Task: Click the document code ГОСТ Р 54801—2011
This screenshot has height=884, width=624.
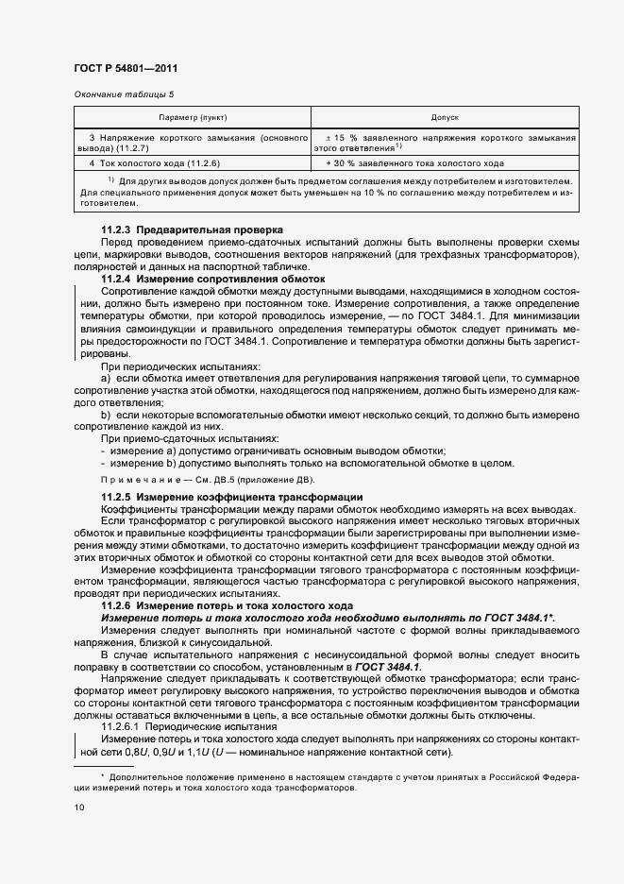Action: tap(125, 69)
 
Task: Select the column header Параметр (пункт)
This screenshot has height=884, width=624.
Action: tap(193, 118)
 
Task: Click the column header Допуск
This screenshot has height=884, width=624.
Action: tap(445, 118)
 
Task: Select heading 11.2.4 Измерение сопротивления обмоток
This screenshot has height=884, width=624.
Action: tap(212, 280)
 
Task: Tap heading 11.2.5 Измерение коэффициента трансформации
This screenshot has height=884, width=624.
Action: tap(226, 497)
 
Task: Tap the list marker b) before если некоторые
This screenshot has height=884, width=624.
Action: tap(105, 415)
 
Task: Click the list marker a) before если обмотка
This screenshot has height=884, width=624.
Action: tap(105, 378)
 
